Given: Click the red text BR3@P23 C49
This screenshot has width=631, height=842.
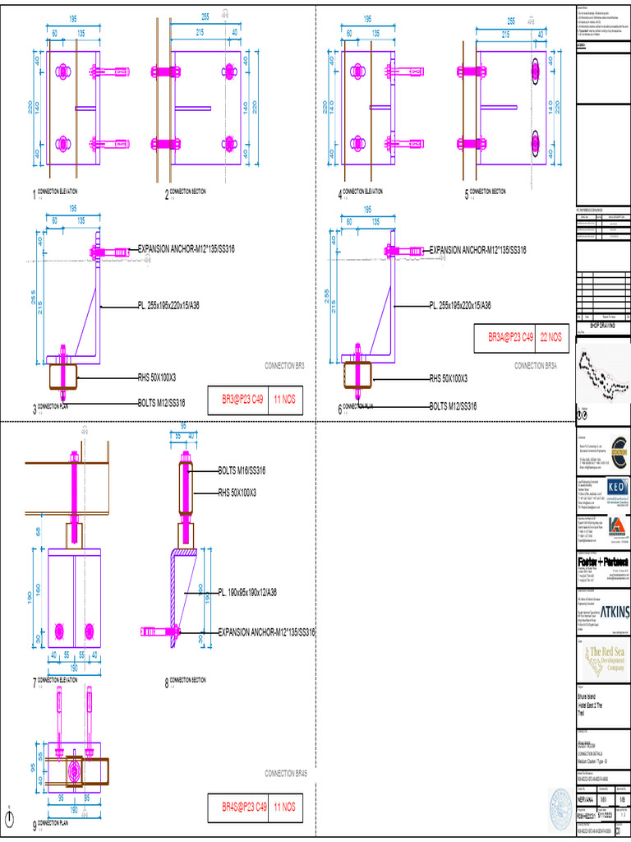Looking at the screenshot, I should click(x=244, y=399).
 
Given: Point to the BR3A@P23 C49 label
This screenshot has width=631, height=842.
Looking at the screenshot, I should click(x=510, y=337).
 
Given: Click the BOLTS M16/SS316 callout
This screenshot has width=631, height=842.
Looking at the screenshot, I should click(x=242, y=470).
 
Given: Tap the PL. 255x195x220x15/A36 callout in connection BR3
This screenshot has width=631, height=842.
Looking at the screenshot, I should click(x=187, y=305).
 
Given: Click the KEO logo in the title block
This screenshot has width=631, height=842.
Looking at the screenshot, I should click(x=615, y=488).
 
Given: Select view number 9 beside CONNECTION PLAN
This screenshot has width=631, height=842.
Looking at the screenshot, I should click(x=35, y=825).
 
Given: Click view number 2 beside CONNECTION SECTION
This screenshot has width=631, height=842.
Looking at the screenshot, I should click(x=166, y=195).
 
